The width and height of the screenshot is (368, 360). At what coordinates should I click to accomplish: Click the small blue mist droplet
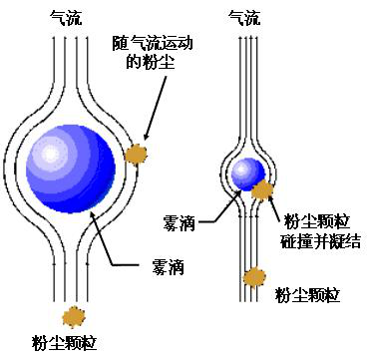pos(244,174)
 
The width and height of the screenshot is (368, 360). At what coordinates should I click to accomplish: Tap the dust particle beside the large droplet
pos(135,153)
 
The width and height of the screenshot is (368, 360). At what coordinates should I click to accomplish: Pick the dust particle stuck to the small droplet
pos(263,188)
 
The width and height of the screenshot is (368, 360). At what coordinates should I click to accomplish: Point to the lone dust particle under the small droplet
pos(255,275)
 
